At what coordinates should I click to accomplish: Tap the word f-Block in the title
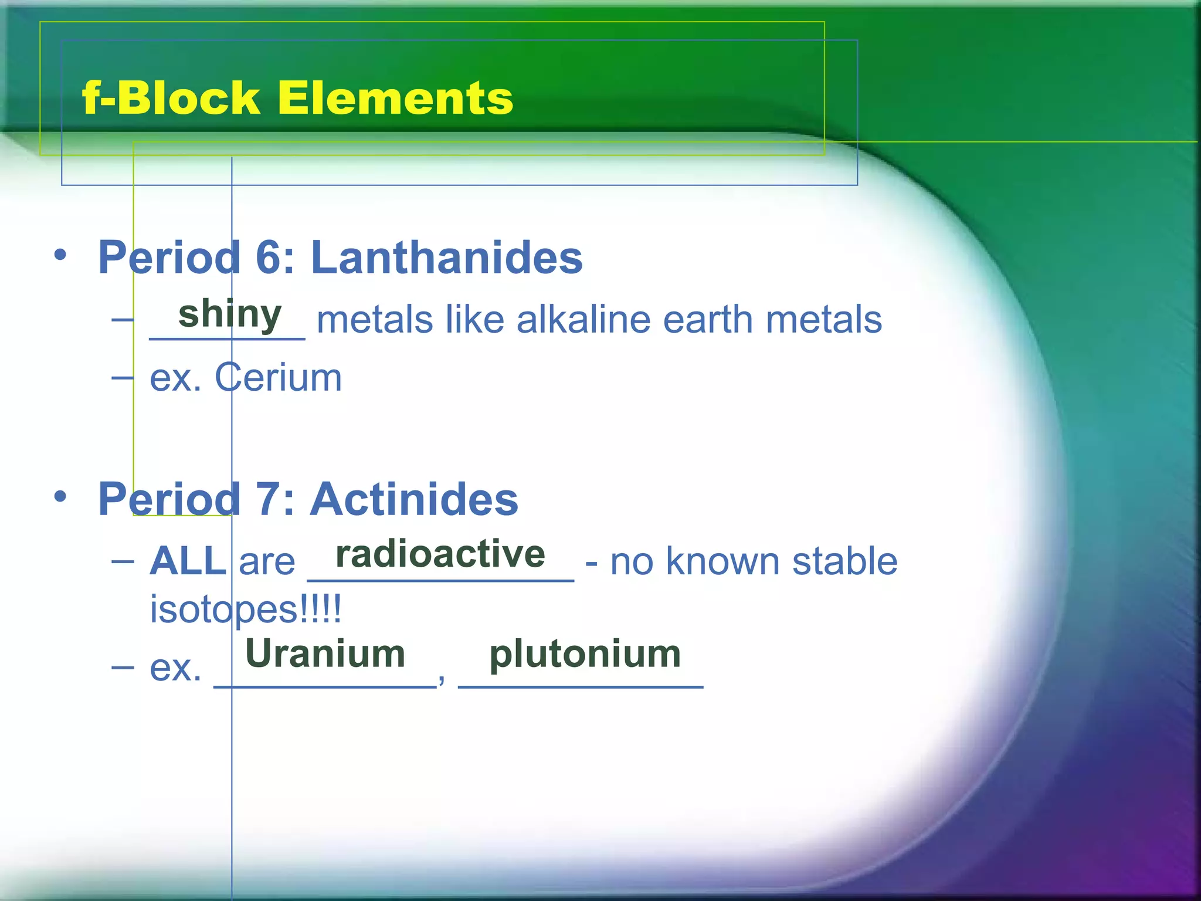point(171,97)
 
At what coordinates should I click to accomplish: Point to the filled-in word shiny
point(230,314)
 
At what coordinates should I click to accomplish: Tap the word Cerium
point(278,377)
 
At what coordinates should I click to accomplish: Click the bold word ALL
point(188,561)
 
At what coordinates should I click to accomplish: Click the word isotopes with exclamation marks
point(245,609)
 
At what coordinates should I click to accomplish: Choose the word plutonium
point(585,655)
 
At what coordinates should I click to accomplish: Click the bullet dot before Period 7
point(60,496)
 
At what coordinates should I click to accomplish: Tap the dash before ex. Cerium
point(123,378)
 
